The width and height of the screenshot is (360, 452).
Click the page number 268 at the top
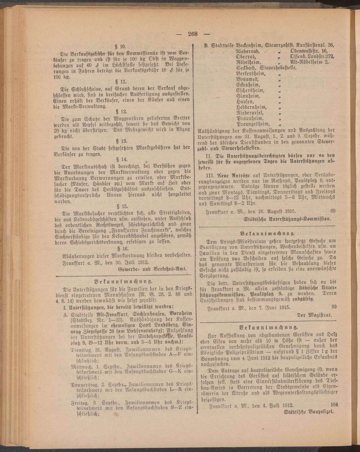tap(192, 34)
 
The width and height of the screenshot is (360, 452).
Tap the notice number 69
tap(332, 211)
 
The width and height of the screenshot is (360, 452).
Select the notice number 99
tap(333, 307)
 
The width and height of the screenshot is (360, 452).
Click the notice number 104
tap(334, 404)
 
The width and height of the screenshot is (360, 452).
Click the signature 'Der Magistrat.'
tap(314, 315)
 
